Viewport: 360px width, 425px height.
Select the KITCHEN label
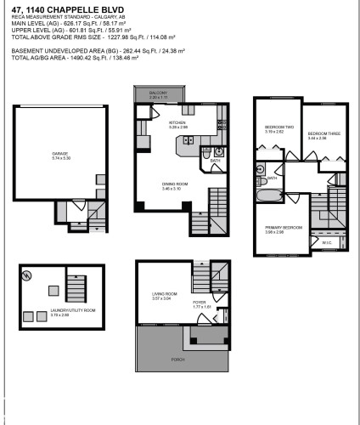pos(177,123)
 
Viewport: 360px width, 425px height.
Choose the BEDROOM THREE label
pos(318,133)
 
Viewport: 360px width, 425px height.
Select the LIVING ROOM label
pos(155,294)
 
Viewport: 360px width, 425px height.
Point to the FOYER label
pos(199,302)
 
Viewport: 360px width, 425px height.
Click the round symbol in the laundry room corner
pos(27,275)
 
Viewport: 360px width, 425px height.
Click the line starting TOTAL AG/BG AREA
pos(65,64)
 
